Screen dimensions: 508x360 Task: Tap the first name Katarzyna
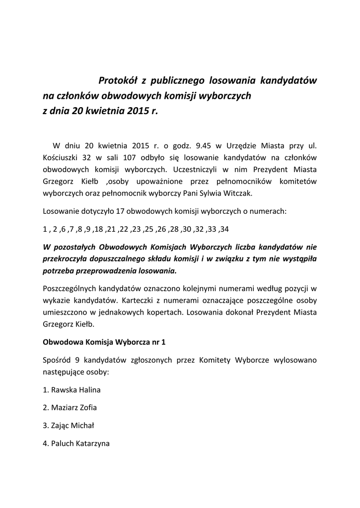[x=92, y=444]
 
